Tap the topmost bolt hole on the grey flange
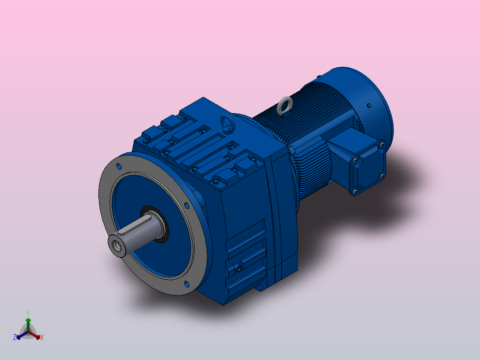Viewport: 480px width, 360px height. (119, 166)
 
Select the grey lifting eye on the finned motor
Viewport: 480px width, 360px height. (284, 106)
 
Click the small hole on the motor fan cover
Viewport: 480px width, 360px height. (369, 106)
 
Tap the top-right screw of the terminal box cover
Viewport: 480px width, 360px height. (382, 144)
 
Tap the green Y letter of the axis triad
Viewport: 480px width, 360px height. (28, 313)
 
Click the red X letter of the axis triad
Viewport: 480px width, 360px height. (42, 337)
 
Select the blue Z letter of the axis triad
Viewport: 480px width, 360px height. (15, 337)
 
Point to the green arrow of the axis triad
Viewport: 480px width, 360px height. (28, 322)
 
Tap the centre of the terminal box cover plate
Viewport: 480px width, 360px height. (368, 168)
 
